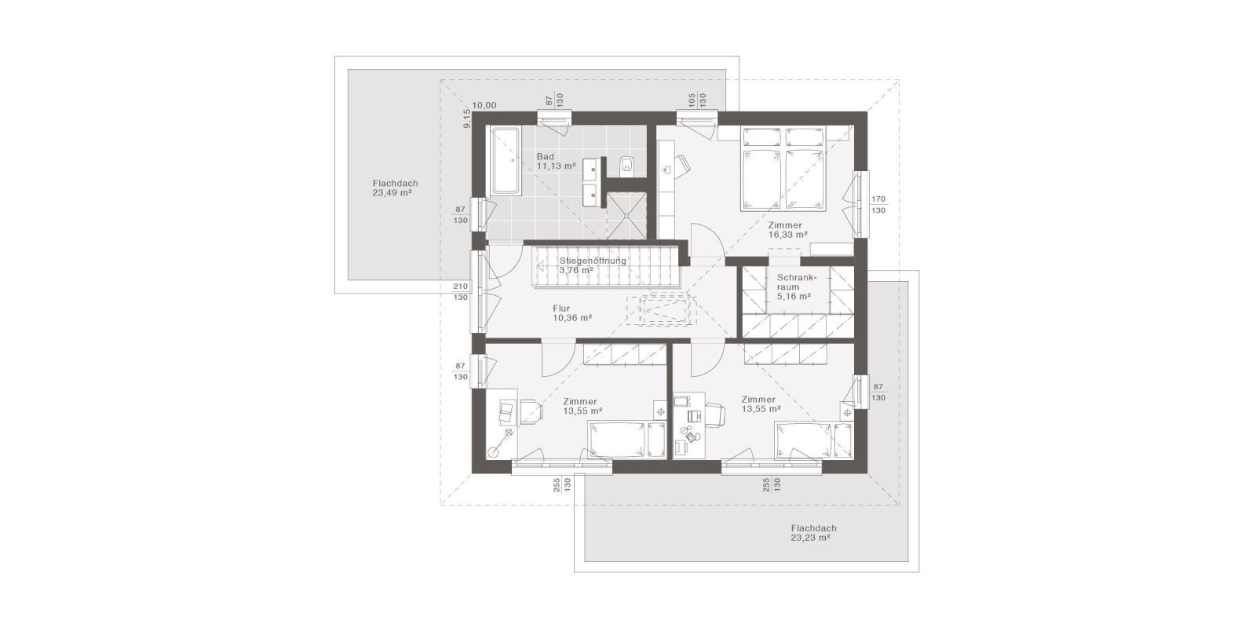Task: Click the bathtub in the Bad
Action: point(505,161)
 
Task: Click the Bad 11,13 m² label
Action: point(556,162)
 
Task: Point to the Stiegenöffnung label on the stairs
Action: point(592,265)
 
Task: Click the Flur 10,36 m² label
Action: point(571,313)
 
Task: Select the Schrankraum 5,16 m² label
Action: point(794,287)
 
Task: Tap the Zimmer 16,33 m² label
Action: point(787,229)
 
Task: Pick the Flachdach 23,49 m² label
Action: point(393,187)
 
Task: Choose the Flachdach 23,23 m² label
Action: point(813,533)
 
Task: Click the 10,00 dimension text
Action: point(485,105)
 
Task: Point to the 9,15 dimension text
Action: point(466,119)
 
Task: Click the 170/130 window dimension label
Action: point(878,205)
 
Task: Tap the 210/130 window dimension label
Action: point(461,291)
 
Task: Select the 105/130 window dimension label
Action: point(698,100)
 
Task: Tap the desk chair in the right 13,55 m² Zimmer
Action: point(714,414)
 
